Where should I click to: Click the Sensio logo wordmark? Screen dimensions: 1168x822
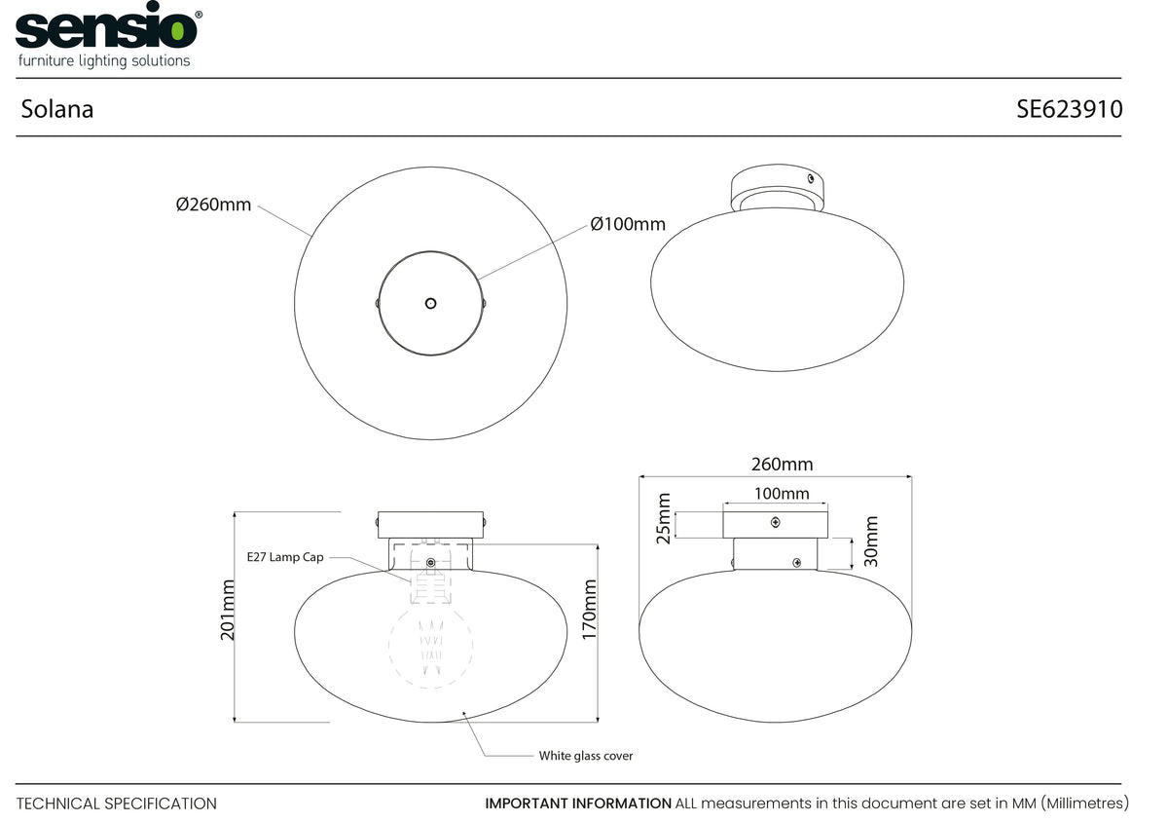[x=106, y=25]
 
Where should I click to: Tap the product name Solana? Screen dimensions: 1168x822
[x=57, y=109]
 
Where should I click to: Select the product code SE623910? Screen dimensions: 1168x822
[x=1069, y=109]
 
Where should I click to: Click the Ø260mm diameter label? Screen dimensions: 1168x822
[x=213, y=205]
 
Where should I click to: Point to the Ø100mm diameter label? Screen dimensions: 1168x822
[x=628, y=224]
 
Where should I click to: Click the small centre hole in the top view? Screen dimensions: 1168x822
[x=430, y=303]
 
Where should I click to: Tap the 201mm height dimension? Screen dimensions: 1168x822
[x=228, y=610]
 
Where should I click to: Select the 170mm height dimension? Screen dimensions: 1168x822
[x=589, y=609]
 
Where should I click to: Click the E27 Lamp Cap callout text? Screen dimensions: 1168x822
[x=285, y=557]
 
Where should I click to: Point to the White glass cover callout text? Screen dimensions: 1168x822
[x=586, y=756]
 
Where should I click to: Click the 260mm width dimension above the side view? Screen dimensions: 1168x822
[x=783, y=464]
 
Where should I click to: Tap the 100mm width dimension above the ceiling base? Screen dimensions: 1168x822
[x=782, y=493]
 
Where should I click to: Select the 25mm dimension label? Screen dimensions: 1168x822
[x=663, y=518]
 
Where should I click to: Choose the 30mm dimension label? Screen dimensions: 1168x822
[x=871, y=542]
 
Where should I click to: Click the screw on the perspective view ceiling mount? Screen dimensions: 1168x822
[x=811, y=178]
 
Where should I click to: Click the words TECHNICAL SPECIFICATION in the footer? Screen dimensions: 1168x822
[x=116, y=803]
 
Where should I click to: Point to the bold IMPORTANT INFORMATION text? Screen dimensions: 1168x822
[x=578, y=803]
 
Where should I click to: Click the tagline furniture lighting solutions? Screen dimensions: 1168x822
[x=104, y=60]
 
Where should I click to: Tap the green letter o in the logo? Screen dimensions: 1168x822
[x=177, y=30]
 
